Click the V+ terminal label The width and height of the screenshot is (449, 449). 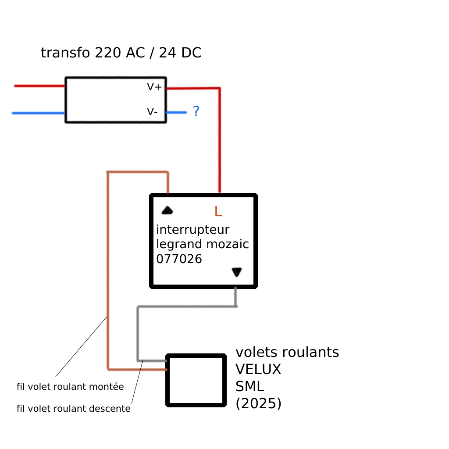[x=154, y=87]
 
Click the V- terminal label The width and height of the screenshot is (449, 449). [x=152, y=112]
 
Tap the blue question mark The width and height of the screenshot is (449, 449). [x=196, y=111]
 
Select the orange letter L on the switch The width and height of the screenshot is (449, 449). [x=218, y=212]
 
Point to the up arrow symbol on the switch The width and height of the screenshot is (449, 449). [x=167, y=210]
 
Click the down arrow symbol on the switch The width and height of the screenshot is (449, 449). [x=236, y=272]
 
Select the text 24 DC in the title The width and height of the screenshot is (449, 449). [x=180, y=53]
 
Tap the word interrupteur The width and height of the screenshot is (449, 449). [x=192, y=230]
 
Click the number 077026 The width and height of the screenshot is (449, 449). [x=179, y=259]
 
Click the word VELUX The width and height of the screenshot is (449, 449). [x=258, y=370]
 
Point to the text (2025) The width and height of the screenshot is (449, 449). [x=258, y=403]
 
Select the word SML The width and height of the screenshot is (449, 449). [x=250, y=386]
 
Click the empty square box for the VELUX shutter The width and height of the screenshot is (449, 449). [x=196, y=380]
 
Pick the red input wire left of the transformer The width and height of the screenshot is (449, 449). [x=39, y=86]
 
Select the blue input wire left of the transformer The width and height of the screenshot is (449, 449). [x=39, y=113]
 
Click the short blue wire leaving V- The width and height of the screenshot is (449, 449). [x=176, y=113]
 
